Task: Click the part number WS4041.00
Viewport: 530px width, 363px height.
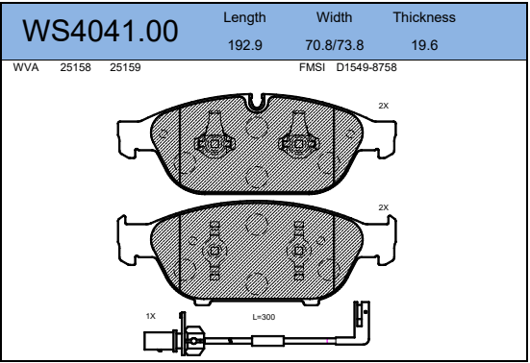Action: click(100, 31)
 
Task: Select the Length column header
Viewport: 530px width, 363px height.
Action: click(244, 18)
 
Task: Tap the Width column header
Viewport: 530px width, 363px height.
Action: click(335, 17)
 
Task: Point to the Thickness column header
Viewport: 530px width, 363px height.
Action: click(424, 17)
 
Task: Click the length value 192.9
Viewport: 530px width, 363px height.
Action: click(245, 45)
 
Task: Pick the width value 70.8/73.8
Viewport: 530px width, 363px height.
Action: click(335, 45)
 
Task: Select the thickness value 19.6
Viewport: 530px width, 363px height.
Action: click(424, 45)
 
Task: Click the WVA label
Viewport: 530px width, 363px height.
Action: click(26, 67)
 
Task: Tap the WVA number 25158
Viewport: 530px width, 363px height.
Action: click(75, 67)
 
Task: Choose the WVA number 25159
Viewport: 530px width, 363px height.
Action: click(125, 67)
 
